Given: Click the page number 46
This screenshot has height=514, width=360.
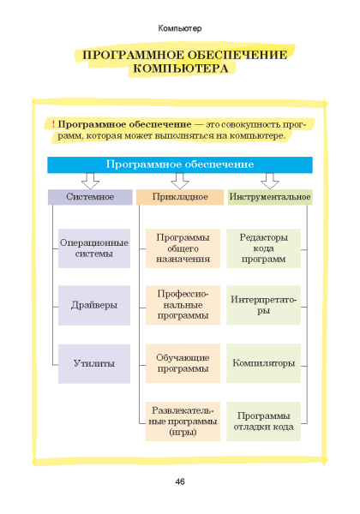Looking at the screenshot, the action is [x=180, y=481].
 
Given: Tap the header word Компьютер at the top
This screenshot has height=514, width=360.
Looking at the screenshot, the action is [x=180, y=28].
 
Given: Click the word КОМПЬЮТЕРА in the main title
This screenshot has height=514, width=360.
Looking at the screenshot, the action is [x=181, y=69].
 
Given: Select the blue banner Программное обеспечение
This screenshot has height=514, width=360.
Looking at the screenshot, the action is [x=180, y=164].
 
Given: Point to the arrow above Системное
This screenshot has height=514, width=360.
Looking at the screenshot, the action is [x=90, y=181].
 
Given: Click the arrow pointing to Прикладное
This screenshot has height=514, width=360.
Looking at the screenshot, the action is [x=180, y=181].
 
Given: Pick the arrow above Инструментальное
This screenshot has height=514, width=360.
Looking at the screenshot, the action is [x=270, y=181].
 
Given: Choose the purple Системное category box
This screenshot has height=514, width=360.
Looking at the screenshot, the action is [x=90, y=197].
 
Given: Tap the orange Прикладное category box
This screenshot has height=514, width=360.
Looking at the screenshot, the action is [x=180, y=197].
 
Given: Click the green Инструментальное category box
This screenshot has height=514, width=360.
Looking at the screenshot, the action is [x=270, y=197].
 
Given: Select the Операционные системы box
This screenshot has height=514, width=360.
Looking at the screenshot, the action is [x=94, y=248].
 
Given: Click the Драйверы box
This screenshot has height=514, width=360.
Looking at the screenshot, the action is [x=94, y=305].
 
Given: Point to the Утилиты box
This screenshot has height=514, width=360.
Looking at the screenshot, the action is [x=94, y=363].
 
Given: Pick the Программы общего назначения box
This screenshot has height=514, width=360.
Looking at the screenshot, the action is [x=183, y=248].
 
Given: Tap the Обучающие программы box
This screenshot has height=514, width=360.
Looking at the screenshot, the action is [x=183, y=363].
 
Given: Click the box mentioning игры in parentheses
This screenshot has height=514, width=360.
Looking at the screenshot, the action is [x=183, y=421].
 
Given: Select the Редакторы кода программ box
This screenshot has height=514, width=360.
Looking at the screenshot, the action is [x=264, y=248].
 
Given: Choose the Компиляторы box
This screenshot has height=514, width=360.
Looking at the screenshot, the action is [x=264, y=363].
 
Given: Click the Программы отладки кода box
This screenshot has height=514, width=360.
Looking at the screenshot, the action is [x=264, y=421].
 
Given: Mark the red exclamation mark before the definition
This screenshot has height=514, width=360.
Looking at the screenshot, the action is [x=53, y=124].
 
